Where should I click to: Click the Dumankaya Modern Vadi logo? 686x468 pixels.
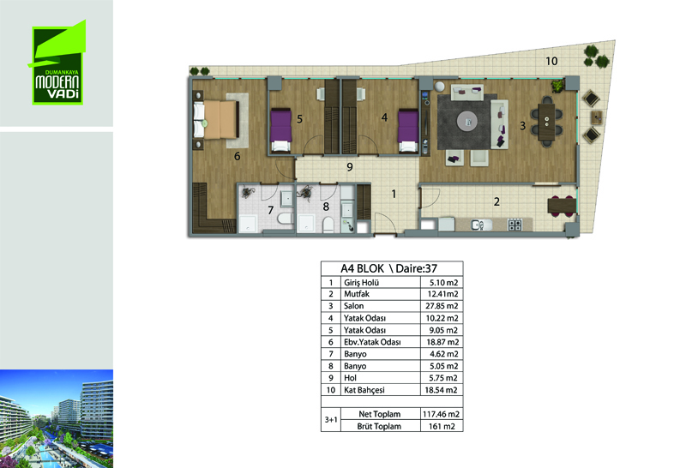point(57,63)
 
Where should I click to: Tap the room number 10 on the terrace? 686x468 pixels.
point(551,61)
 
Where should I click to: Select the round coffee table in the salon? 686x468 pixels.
point(467,121)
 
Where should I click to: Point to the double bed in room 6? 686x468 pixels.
point(216,120)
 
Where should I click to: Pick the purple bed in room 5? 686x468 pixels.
point(281,130)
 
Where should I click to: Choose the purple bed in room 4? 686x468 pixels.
point(408,130)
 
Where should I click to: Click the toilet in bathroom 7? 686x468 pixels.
point(285,219)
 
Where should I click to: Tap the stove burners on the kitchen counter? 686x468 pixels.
point(514,225)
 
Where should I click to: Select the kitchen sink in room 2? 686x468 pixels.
point(480,225)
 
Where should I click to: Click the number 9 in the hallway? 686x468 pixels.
point(350,166)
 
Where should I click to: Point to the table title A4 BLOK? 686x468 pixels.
point(362,268)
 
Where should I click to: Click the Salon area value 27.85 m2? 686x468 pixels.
point(442,306)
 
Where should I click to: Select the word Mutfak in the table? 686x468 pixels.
point(357,294)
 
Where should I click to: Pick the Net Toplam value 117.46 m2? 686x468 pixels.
point(441,414)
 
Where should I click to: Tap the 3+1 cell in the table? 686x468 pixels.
point(331,420)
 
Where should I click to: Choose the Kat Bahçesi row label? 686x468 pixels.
point(364,390)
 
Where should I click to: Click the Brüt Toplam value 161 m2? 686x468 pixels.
point(442,426)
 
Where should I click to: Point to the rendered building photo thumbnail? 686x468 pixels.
point(57,418)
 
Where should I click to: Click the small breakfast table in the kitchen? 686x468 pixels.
point(562,206)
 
